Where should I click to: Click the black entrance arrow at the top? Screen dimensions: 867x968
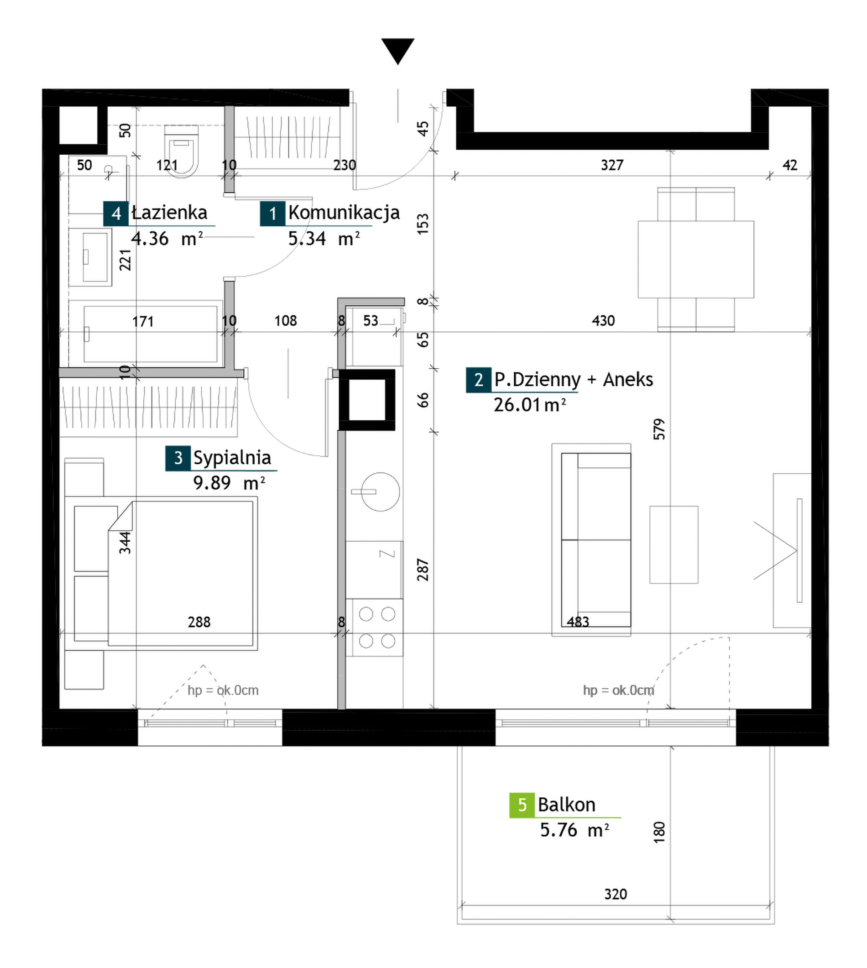[397, 51]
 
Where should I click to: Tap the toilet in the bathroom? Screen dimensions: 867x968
[181, 151]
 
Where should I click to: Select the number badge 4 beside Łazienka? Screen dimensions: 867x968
[116, 214]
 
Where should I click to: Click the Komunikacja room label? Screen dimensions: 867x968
[344, 213]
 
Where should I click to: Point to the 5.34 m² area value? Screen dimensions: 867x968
[324, 238]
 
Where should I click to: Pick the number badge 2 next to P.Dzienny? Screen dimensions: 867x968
[478, 380]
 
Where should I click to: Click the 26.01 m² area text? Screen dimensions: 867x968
[529, 405]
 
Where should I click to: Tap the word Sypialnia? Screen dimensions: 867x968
[232, 458]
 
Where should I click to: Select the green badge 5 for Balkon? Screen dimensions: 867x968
[522, 805]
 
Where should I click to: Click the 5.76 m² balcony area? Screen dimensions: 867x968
[574, 830]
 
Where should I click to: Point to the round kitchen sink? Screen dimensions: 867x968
[380, 492]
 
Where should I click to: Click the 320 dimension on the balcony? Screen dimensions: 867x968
[616, 894]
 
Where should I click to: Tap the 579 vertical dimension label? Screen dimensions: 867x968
[659, 429]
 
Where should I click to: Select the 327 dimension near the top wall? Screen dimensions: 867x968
[612, 165]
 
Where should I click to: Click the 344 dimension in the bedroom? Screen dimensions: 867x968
[125, 543]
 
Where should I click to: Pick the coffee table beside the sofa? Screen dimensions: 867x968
[674, 544]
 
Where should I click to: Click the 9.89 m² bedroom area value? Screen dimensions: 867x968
[229, 483]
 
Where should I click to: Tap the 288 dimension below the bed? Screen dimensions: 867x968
[199, 622]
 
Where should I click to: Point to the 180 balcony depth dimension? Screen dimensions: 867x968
[659, 832]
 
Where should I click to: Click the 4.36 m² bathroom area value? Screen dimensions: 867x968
[167, 238]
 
